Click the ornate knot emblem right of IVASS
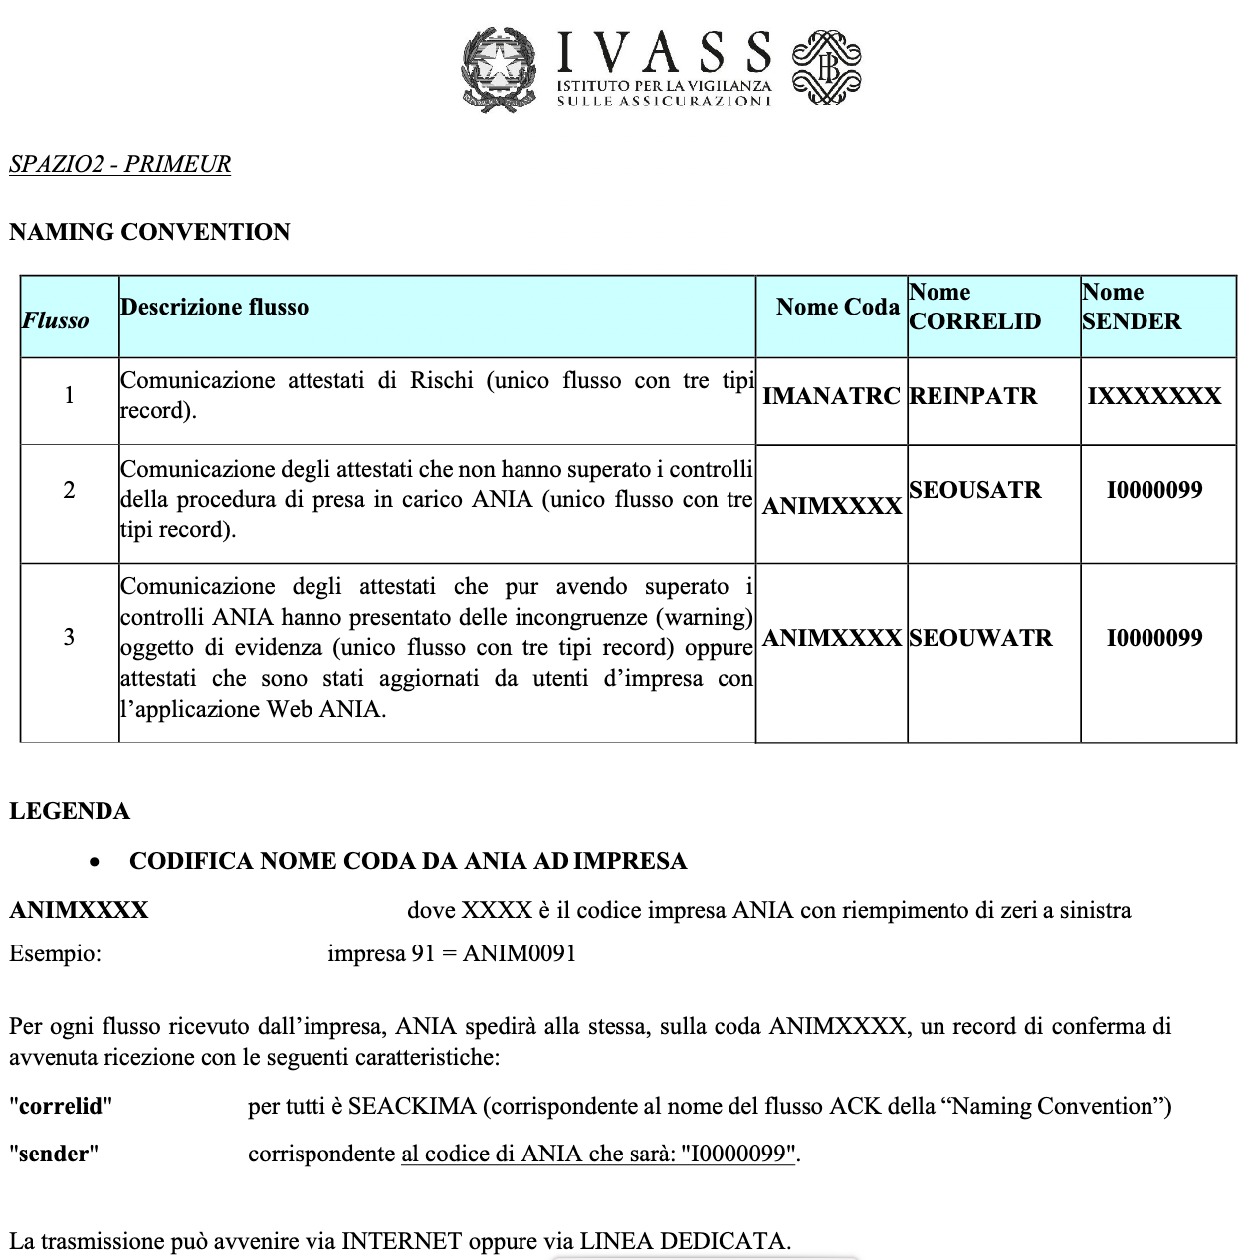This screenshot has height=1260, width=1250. [826, 67]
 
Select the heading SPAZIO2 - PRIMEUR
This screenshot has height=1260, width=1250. [119, 164]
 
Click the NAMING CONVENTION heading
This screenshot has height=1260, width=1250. [149, 232]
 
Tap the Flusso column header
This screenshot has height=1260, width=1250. [56, 320]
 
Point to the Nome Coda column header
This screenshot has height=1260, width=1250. [837, 307]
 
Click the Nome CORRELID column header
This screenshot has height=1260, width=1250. [974, 307]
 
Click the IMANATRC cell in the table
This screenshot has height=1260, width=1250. [831, 396]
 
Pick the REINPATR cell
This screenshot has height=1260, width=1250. [972, 396]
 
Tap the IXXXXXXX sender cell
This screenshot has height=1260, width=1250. [1153, 396]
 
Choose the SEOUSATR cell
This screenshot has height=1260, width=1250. [974, 490]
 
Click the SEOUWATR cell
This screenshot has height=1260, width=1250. [979, 638]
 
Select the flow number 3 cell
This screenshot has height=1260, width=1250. [69, 637]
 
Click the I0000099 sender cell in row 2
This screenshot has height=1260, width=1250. [1154, 490]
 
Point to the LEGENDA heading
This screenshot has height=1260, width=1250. [70, 811]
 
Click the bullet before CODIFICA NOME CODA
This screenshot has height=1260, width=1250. [95, 863]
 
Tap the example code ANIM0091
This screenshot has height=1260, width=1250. [519, 953]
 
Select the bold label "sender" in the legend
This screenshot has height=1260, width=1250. [54, 1154]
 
